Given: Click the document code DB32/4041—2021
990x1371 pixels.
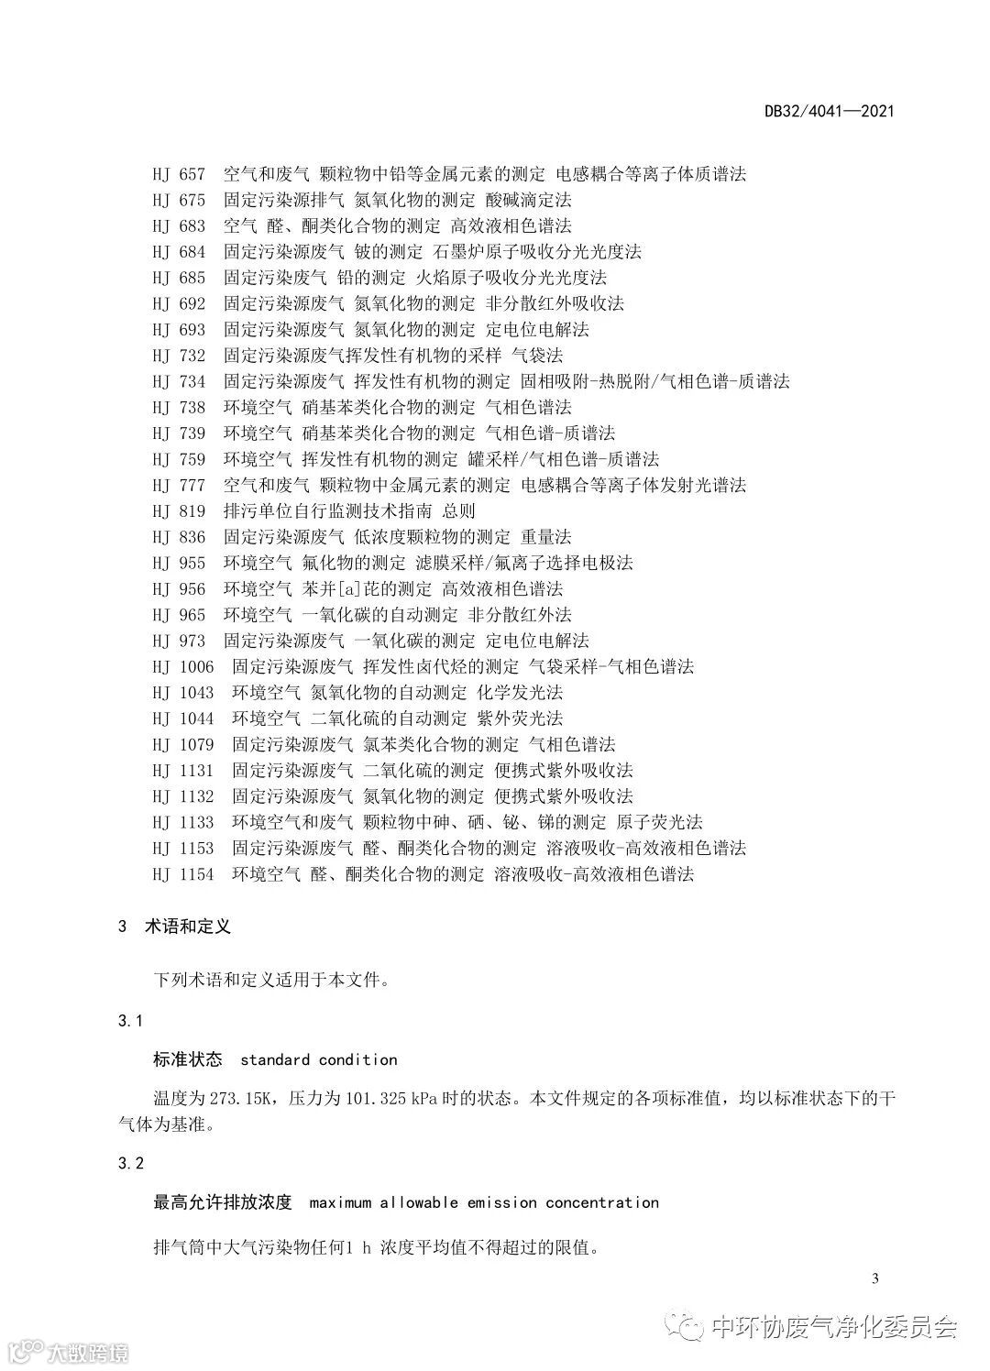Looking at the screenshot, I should [x=829, y=112].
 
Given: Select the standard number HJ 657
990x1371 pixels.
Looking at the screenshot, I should [x=179, y=174].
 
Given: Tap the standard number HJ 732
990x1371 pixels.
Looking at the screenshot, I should [x=179, y=355].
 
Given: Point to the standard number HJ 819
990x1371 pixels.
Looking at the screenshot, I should [x=179, y=510].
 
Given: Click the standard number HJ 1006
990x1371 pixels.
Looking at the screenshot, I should [x=183, y=666].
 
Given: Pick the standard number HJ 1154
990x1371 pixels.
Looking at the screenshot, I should [x=183, y=874].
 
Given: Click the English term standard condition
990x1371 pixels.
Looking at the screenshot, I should [x=318, y=1059].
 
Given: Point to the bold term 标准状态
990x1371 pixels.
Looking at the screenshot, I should [x=188, y=1059].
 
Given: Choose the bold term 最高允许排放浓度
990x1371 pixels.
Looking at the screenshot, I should [x=223, y=1202].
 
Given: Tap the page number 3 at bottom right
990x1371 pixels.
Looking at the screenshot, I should [x=875, y=1279].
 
